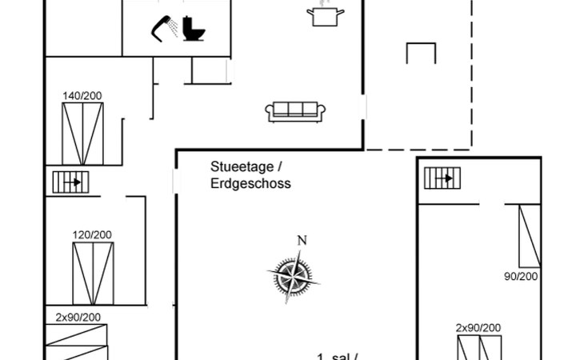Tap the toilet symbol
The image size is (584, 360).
[193, 28]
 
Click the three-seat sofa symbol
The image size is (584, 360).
[296, 111]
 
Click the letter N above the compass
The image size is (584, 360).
[302, 240]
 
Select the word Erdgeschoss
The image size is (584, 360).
[250, 183]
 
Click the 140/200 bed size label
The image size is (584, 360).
[82, 96]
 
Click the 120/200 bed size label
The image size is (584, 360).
[93, 234]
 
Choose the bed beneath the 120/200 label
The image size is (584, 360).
[93, 272]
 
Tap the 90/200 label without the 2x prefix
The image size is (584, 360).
[521, 276]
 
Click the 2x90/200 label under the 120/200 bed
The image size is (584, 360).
[78, 317]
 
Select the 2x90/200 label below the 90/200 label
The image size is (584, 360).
[478, 328]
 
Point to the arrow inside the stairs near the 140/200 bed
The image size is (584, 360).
[77, 182]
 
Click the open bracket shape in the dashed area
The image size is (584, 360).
[421, 54]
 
